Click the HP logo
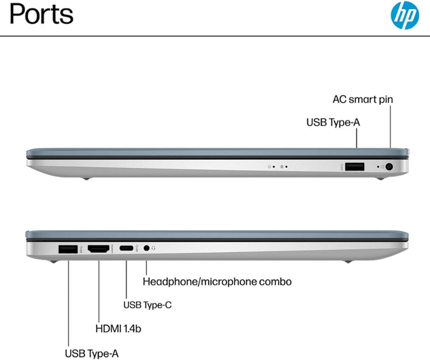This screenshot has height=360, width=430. point(405,15)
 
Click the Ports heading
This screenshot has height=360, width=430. point(42,14)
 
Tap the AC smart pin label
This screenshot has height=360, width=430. point(362,99)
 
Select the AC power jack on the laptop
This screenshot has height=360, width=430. point(389,166)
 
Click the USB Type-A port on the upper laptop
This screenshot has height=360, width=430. point(354,166)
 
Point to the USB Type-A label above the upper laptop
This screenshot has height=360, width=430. point(333,122)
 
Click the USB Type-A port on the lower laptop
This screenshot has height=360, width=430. point(68,249)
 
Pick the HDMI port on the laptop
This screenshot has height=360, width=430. point(98,249)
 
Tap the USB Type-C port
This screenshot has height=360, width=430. point(126,248)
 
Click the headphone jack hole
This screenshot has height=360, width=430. point(147,248)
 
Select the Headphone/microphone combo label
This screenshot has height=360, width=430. point(217,282)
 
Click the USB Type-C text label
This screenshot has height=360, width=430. point(147,305)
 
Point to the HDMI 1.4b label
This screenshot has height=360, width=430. point(118,328)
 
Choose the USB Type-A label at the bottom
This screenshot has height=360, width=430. point(92,353)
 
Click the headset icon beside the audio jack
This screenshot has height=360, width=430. point(153,248)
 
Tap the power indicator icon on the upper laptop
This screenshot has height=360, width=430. point(269,167)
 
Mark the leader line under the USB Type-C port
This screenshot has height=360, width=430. point(126,280)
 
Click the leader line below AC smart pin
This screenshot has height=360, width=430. point(390,127)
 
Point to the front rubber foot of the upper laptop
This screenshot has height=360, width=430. point(380,179)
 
